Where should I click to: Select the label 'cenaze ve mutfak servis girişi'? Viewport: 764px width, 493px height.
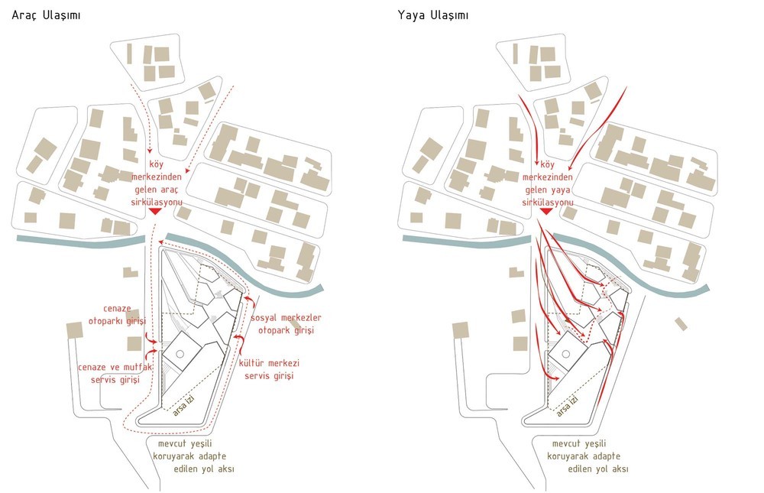[115, 374]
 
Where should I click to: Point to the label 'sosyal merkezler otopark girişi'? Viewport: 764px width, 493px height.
[286, 324]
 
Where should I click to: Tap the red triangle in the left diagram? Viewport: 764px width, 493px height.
[155, 211]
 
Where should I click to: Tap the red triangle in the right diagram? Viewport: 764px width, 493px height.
[546, 211]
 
